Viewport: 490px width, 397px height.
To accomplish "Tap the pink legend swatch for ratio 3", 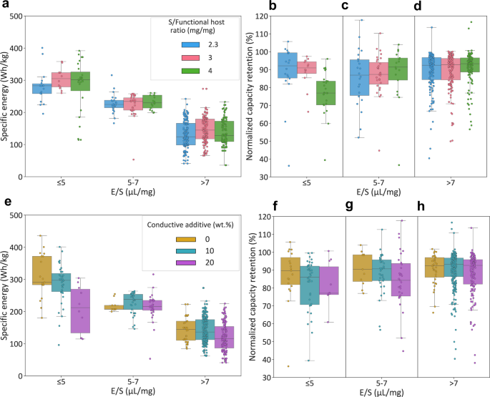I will point(188,59).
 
